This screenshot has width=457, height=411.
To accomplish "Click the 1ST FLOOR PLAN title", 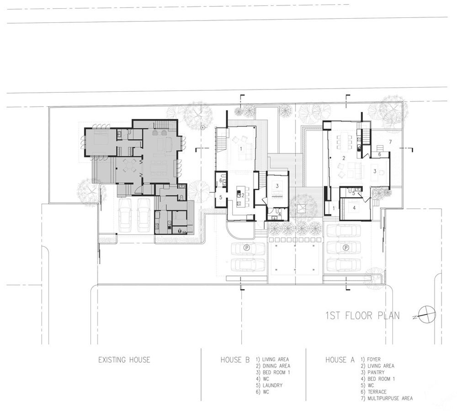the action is (362, 316).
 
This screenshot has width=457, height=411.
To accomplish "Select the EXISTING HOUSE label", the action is (124, 360).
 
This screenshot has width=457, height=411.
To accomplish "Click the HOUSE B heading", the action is (235, 360).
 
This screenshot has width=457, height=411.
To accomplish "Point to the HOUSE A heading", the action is (340, 360).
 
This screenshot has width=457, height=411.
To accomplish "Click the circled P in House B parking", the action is (247, 248).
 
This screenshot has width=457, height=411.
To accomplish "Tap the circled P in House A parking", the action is (346, 248).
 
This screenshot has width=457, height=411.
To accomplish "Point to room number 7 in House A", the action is (390, 142).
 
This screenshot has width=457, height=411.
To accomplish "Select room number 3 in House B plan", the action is (277, 186).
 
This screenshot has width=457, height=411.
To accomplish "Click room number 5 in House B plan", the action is (221, 197).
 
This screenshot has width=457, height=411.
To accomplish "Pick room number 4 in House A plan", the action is (354, 208).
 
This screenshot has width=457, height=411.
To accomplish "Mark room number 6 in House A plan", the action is (379, 154).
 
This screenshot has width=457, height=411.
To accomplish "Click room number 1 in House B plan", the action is (241, 148).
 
